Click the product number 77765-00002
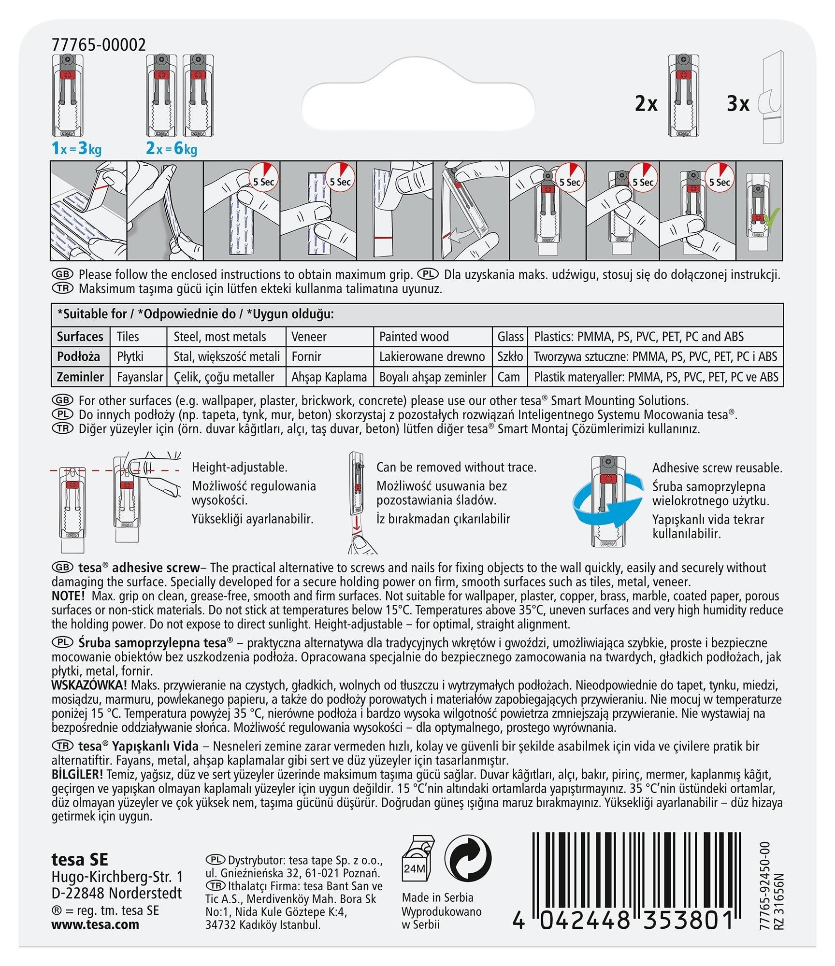coord(99,45)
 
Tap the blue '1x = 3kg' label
coord(76,149)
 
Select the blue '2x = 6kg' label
coord(172,149)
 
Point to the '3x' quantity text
coord(738,104)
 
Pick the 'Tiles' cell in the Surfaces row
coord(128,337)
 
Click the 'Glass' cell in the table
coord(511,337)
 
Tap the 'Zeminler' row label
coord(80,377)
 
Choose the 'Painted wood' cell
coord(414,337)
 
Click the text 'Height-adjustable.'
coord(240,467)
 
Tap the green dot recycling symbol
coord(468,859)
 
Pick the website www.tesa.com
coord(95,924)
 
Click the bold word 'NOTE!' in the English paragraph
coord(68,596)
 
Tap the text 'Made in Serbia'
coord(438,897)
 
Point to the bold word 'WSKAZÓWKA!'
coord(89,685)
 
